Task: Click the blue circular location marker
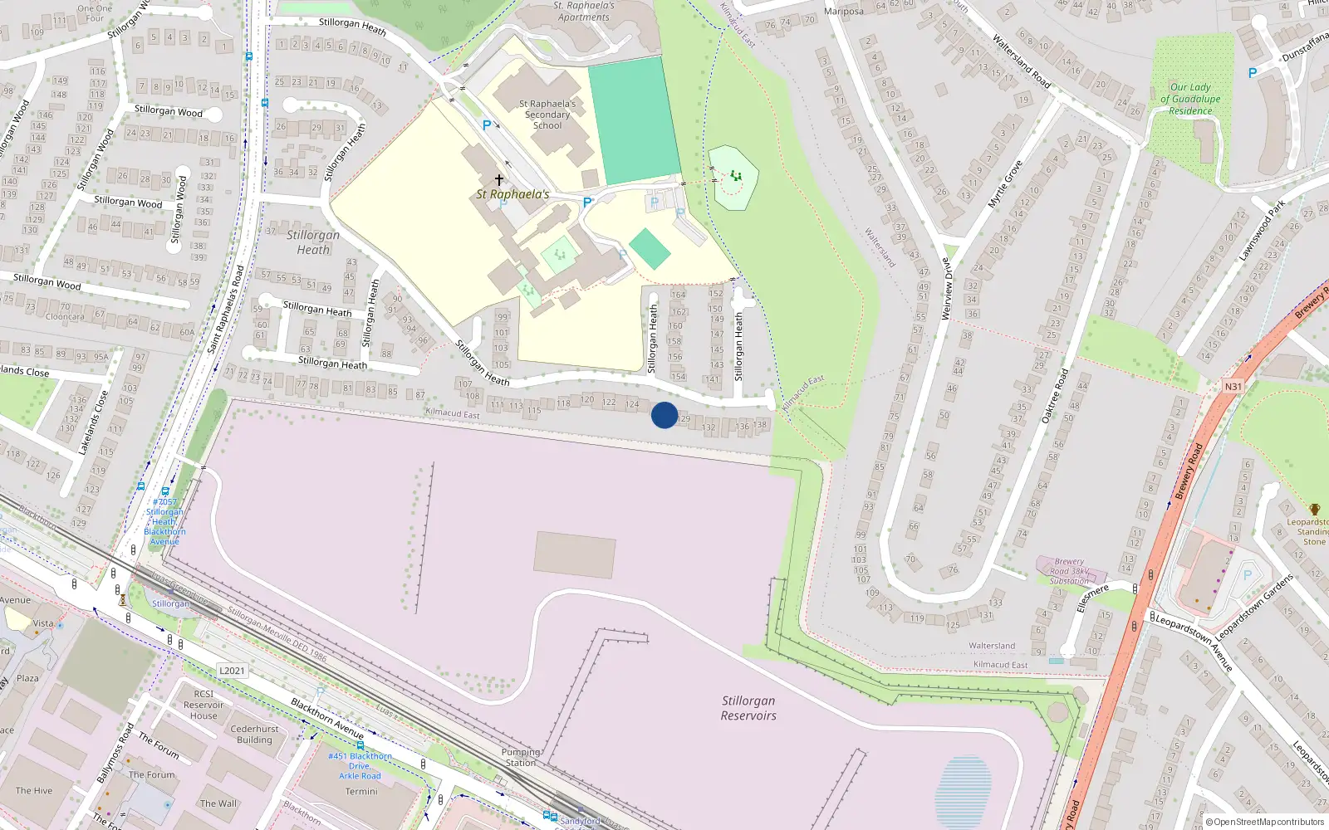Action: tap(664, 415)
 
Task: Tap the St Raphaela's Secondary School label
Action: tap(547, 115)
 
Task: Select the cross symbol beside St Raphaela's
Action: tap(499, 179)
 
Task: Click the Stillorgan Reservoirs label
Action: tap(748, 708)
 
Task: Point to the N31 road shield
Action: tap(1233, 387)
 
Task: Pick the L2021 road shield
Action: tap(232, 671)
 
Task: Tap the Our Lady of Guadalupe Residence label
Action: tap(1190, 99)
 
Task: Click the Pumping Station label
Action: tap(521, 757)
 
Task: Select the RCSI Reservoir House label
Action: tap(204, 705)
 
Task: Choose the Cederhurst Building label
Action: tap(254, 735)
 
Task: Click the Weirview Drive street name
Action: tap(946, 288)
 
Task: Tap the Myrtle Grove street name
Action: tap(1004, 184)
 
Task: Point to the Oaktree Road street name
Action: tap(1055, 396)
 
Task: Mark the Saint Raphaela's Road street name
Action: tap(226, 309)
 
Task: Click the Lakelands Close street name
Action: tap(93, 422)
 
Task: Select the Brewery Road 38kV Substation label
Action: tap(1069, 571)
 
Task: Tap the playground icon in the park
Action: tap(735, 176)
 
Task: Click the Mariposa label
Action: tap(844, 12)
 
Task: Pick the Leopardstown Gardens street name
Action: tap(1254, 607)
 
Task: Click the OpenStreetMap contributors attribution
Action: tap(1264, 822)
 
